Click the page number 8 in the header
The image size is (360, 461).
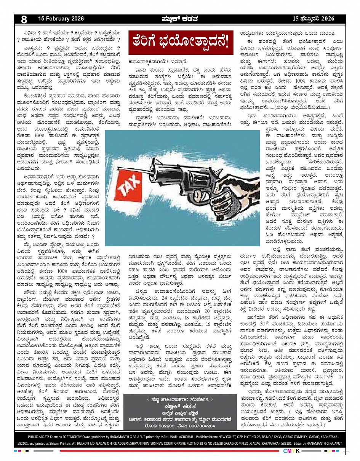24,19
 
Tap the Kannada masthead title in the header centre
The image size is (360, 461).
180,19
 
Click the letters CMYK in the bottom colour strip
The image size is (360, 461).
289,451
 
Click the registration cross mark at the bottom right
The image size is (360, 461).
346,451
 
